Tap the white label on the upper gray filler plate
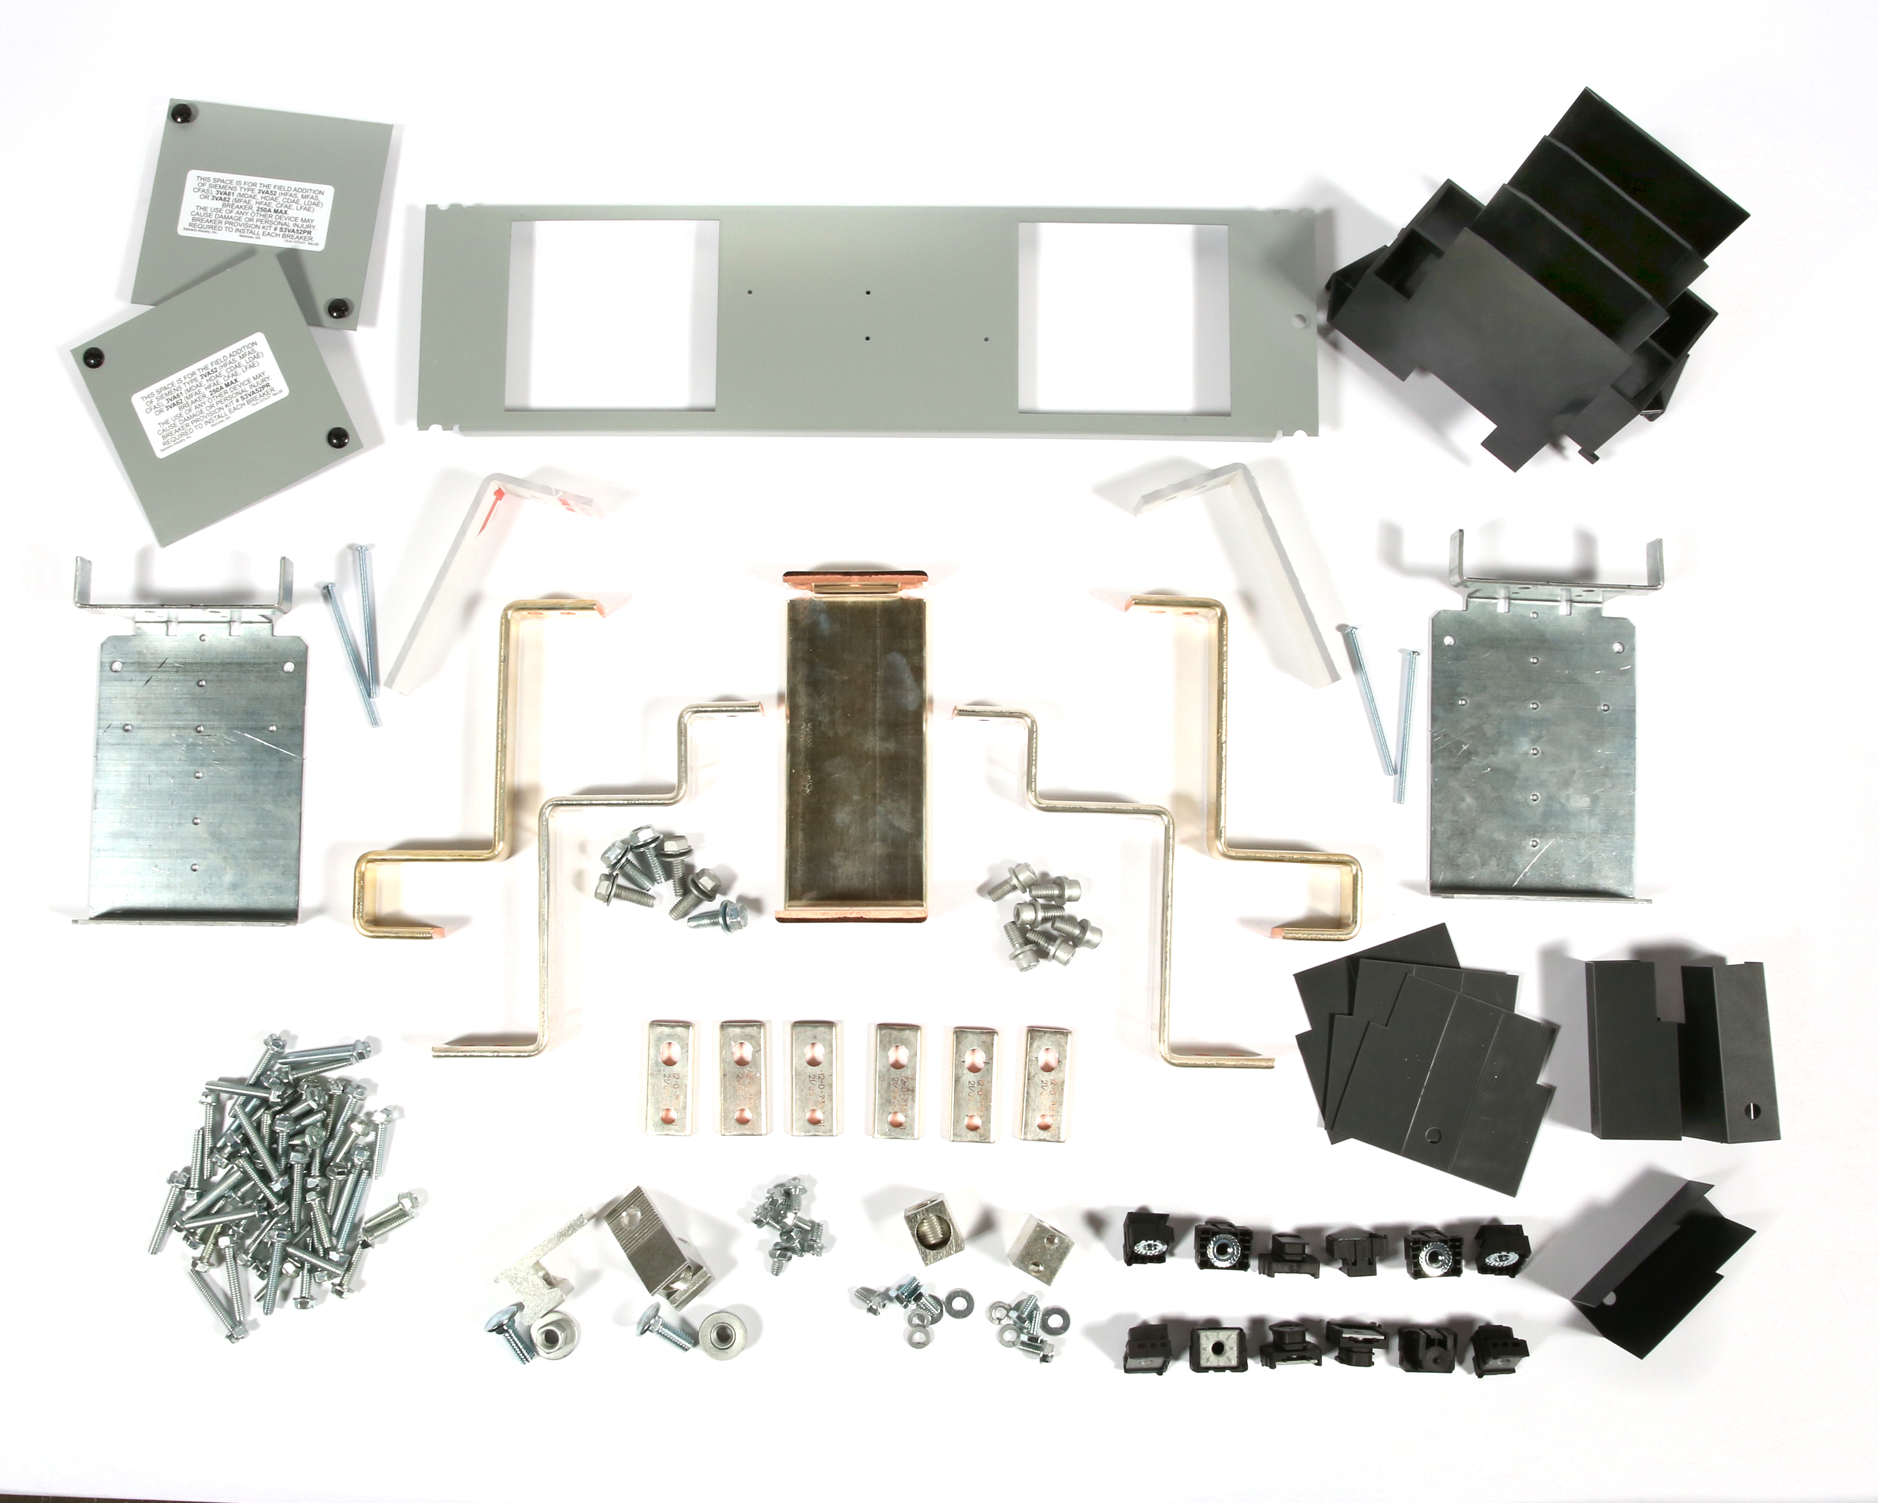pyautogui.click(x=256, y=212)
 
